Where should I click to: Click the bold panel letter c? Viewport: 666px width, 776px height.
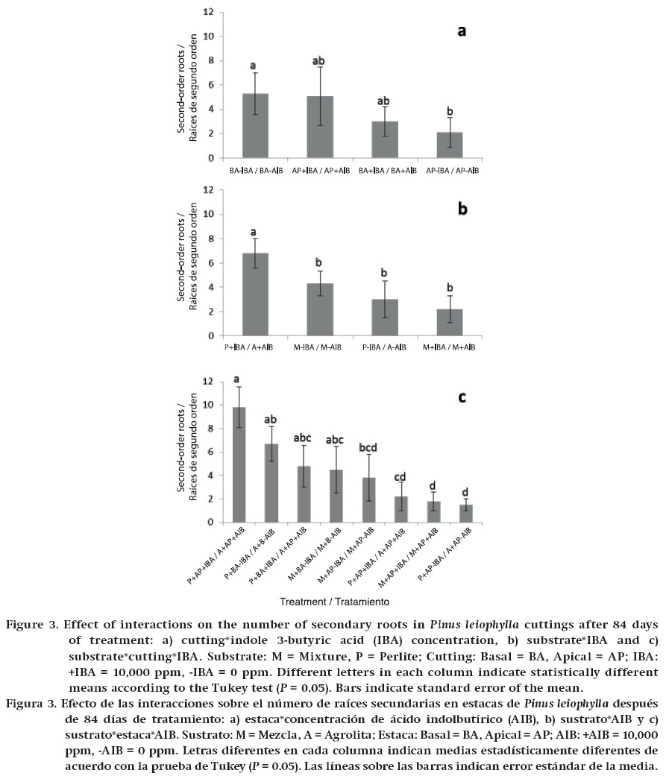[x=462, y=397]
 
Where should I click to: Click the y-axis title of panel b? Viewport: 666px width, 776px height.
[x=186, y=263]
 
